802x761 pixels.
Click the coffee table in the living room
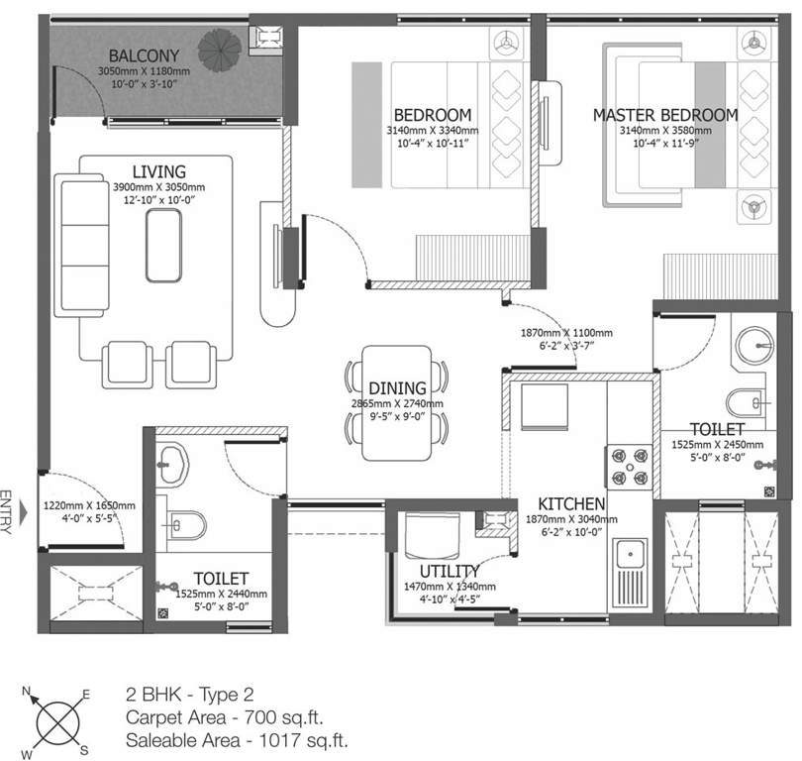pos(164,242)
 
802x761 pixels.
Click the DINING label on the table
pos(396,388)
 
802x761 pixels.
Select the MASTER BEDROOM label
pos(664,115)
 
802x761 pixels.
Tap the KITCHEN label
pos(571,504)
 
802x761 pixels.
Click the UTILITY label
pos(450,571)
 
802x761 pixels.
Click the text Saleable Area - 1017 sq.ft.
pos(237,739)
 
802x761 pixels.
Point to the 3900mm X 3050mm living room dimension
pos(156,186)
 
